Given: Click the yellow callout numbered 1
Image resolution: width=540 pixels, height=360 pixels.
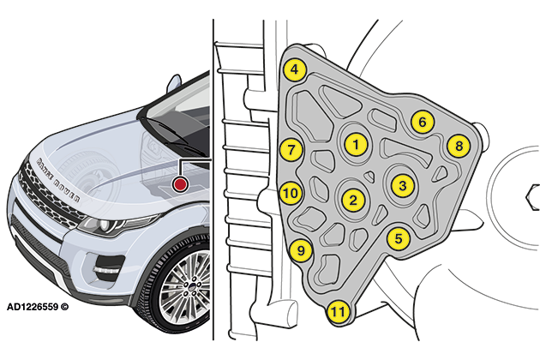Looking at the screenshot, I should (x=355, y=144).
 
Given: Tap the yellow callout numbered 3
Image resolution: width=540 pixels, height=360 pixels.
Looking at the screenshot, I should (x=403, y=183).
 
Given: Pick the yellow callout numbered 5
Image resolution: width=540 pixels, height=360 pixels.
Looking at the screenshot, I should (x=397, y=237).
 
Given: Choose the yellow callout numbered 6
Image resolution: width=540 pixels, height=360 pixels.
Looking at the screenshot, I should (x=421, y=122).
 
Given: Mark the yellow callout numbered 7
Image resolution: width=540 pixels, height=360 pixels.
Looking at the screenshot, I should (x=291, y=149).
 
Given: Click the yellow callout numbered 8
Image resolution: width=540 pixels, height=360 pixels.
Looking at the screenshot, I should (x=459, y=146).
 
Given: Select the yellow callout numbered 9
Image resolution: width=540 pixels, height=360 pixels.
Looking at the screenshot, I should (x=299, y=251).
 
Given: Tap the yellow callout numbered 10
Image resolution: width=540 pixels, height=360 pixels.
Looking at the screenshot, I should (x=291, y=193).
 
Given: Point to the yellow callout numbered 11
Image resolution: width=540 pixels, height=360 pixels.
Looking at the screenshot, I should (x=338, y=311).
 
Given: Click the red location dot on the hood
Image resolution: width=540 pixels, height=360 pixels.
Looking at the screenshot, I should (x=180, y=184).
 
